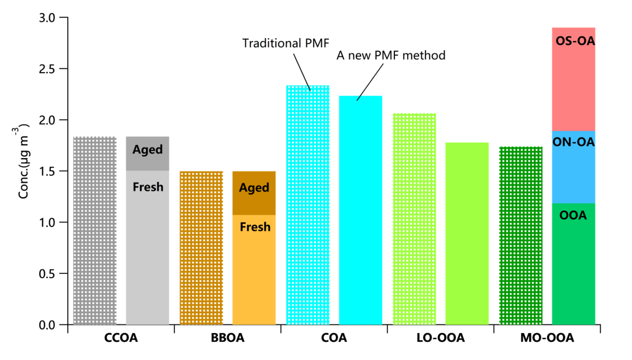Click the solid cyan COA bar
coord(360,211)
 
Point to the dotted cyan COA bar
coord(307,205)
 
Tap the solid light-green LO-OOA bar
coord(467,234)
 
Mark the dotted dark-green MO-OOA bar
coord(521,234)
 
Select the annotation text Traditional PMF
coord(286,43)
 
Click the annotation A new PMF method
coord(391,56)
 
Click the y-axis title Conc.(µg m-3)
coord(25,160)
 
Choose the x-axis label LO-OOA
coord(441,338)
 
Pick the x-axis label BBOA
coord(228,338)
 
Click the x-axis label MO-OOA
coord(547,338)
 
